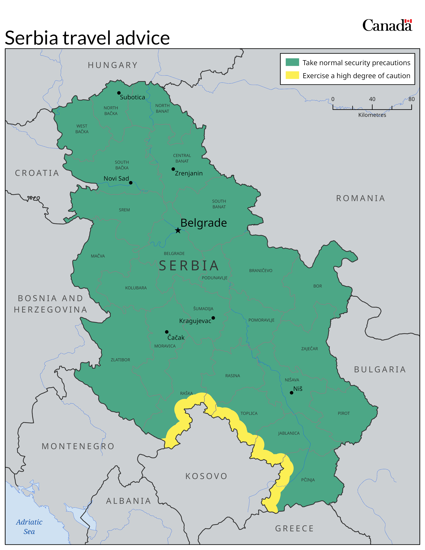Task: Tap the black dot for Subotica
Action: [x=119, y=93]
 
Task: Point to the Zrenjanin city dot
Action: [x=173, y=169]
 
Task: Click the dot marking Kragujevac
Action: [x=213, y=318]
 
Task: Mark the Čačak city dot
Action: [x=167, y=332]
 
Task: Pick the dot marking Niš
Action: [x=291, y=393]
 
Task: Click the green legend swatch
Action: [x=292, y=62]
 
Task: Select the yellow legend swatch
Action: [x=292, y=75]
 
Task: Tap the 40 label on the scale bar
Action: [x=372, y=99]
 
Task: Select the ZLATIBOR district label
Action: [x=120, y=360]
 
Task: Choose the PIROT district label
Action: [x=344, y=413]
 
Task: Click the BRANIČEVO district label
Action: [x=261, y=270]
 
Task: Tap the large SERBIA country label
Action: [x=189, y=266]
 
